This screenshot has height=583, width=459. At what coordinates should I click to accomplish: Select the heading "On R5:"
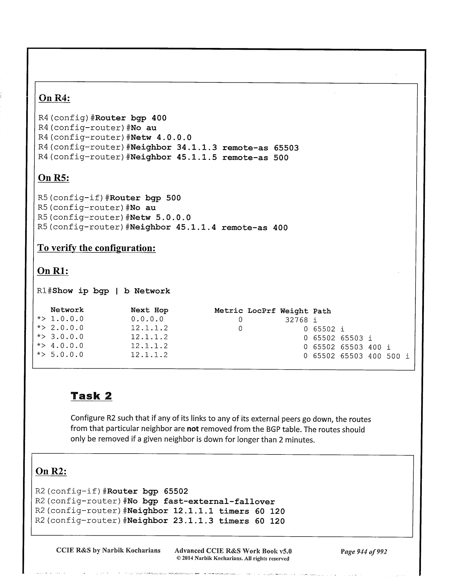coord(54,178)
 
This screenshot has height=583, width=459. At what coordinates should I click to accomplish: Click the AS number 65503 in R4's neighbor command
coord(286,148)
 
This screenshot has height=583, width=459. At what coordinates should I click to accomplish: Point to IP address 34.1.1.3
coord(197,148)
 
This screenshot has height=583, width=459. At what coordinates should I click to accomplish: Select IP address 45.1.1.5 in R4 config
coord(197,157)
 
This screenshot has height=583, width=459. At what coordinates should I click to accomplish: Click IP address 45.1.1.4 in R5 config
coord(196,228)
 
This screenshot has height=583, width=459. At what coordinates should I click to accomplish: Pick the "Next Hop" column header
coord(150,310)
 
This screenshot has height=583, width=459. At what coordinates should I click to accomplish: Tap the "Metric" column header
coord(229,311)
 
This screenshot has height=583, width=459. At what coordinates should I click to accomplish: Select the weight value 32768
coord(296,320)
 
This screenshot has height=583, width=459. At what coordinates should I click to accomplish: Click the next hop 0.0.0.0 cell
coord(147,319)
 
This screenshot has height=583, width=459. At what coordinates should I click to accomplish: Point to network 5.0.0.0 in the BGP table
coord(67,355)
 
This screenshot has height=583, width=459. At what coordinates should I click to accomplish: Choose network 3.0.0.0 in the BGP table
coord(67,337)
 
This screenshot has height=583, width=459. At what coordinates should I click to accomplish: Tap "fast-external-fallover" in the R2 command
coord(219,502)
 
